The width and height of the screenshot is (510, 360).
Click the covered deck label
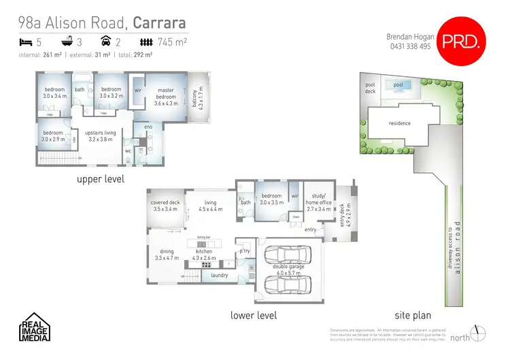[x=165, y=206]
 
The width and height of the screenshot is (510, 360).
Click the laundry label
[x=219, y=276]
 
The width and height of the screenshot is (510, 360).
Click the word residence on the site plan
[x=400, y=124]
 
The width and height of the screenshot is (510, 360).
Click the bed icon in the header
[x=24, y=42]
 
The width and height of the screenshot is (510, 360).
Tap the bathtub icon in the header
[x=67, y=42]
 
